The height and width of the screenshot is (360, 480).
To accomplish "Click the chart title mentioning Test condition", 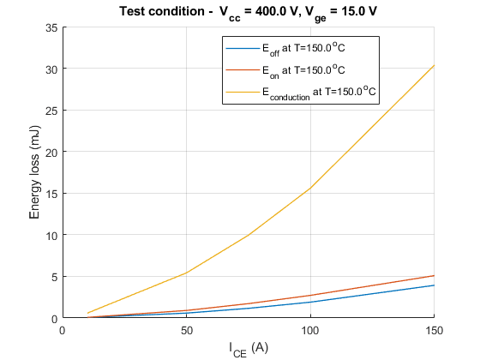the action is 248,14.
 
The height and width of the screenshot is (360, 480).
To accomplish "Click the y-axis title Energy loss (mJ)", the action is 34,172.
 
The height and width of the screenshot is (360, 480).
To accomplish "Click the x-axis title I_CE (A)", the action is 249,350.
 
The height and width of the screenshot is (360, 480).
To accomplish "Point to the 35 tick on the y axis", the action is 51,28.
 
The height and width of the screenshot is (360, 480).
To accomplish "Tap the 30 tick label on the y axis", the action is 51,69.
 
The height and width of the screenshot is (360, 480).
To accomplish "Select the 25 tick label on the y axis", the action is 51,111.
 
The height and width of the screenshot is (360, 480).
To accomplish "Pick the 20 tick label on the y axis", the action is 51,153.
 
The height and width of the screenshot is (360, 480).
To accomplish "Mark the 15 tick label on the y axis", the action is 51,194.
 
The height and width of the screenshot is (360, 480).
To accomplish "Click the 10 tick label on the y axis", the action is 51,236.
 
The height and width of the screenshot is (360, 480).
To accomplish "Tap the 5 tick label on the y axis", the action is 55,278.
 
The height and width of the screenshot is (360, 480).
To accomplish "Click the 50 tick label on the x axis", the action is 187,331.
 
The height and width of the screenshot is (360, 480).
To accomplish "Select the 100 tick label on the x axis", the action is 310,331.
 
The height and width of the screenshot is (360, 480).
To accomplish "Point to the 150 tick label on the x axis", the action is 434,331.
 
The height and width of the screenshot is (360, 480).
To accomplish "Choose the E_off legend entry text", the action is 303,49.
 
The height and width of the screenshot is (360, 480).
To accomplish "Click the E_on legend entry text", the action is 303,71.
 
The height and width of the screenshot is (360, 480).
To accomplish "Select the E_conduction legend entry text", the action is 319,93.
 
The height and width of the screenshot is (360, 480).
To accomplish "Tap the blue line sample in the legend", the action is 243,48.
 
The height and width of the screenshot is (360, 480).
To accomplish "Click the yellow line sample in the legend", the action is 243,92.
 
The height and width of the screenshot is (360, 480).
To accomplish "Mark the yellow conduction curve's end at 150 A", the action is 434,65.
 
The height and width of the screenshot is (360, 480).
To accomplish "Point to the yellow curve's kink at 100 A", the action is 310,188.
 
